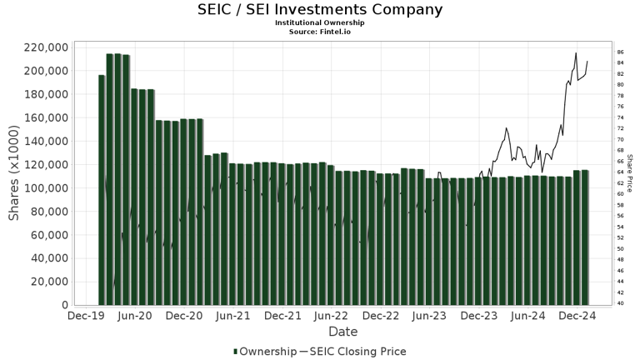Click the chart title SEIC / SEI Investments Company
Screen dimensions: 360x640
(x=320, y=10)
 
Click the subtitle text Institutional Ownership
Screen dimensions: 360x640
(x=320, y=22)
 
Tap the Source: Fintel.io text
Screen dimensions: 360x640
(x=320, y=31)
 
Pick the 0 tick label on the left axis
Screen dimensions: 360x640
(x=65, y=305)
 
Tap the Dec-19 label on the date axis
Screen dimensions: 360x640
(x=86, y=317)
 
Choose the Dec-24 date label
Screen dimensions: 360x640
(x=577, y=317)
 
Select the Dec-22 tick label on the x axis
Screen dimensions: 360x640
(x=381, y=317)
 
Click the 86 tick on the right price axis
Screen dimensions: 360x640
(x=620, y=52)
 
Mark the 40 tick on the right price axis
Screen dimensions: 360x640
(x=620, y=303)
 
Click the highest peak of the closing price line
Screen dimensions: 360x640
(x=575, y=53)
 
